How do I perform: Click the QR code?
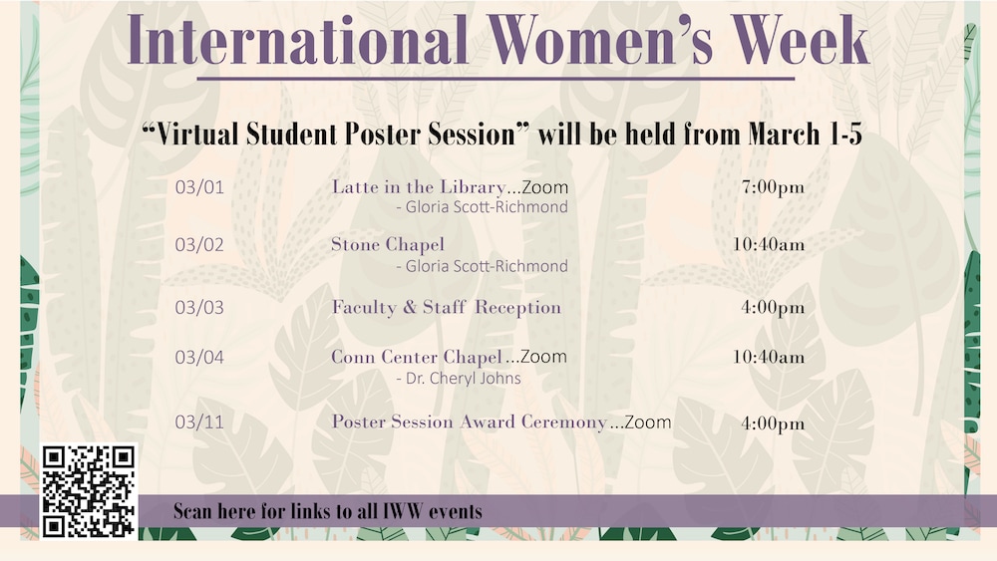[x=89, y=490]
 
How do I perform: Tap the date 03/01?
[x=199, y=187]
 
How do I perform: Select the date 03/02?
[x=199, y=245]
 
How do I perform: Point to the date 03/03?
[x=199, y=308]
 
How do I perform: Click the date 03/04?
[x=199, y=357]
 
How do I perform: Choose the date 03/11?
[x=199, y=422]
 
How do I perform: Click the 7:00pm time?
[x=772, y=187]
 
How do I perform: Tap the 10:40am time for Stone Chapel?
[x=768, y=245]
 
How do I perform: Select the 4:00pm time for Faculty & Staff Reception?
[x=772, y=308]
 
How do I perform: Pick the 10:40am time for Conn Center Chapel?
[x=768, y=357]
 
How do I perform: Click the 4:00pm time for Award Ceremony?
[x=772, y=423]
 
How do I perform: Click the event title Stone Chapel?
[x=388, y=245]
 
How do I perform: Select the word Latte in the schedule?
[x=355, y=187]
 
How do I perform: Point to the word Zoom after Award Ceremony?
[x=647, y=422]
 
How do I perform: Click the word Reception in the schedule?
[x=517, y=308]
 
